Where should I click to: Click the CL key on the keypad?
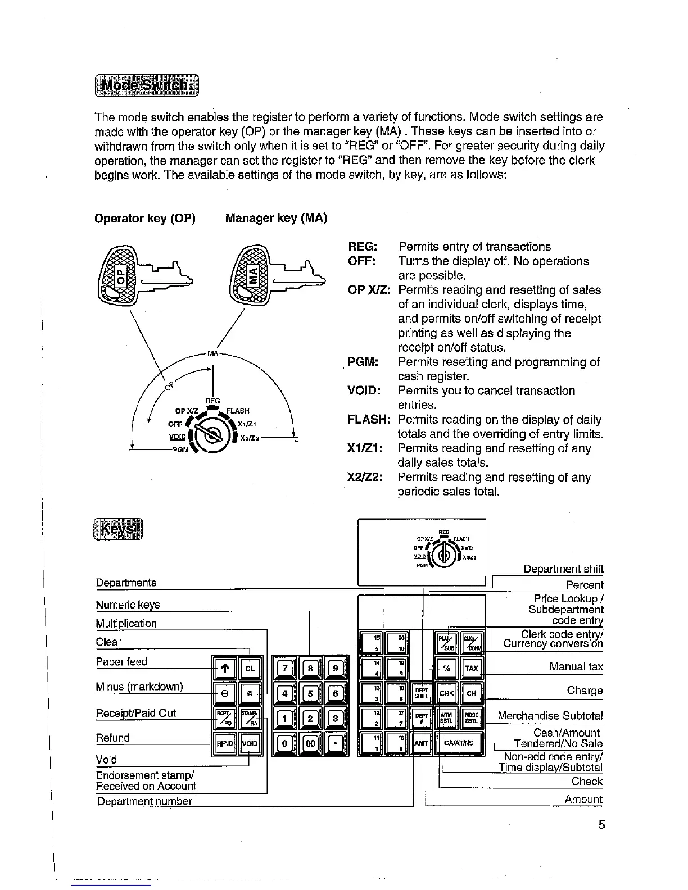tap(250, 668)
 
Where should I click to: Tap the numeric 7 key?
tap(285, 668)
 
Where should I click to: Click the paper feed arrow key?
tap(224, 668)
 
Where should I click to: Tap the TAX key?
tap(471, 668)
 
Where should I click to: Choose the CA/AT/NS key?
tap(459, 743)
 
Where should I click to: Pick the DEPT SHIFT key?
tap(422, 693)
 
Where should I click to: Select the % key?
tap(446, 668)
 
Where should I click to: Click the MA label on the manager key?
tap(254, 275)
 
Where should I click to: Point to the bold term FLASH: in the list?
tap(369, 420)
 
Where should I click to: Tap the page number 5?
tap(601, 825)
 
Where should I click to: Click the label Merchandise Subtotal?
tap(550, 716)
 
